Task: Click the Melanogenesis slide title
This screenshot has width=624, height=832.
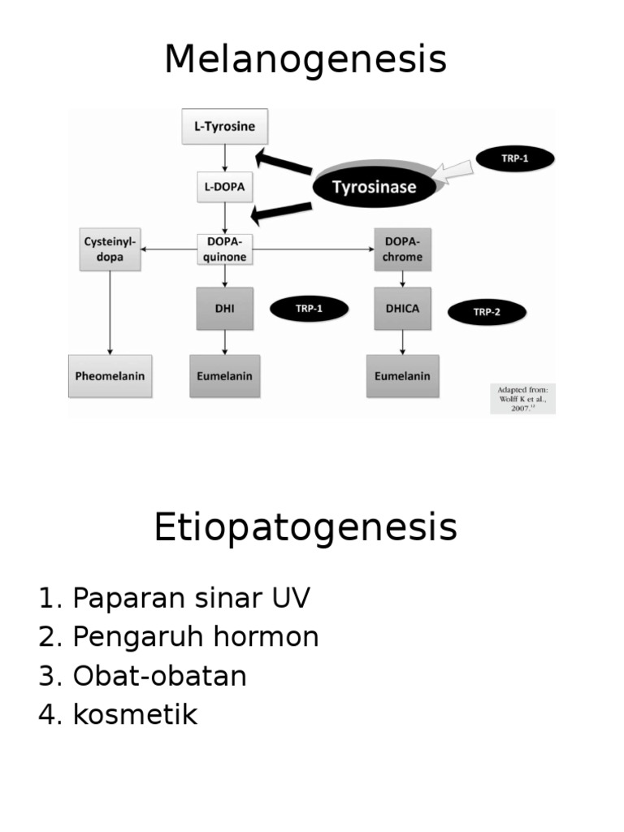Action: (305, 59)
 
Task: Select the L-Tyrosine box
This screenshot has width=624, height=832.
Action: (224, 127)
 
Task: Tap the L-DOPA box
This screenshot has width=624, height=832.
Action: (224, 186)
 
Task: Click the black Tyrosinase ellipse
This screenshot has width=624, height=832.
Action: (375, 187)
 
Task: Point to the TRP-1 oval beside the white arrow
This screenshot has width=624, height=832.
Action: (514, 158)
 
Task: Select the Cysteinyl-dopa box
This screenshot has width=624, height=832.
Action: (110, 249)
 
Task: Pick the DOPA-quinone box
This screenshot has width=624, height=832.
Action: (224, 249)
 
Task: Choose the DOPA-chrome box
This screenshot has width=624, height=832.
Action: (403, 249)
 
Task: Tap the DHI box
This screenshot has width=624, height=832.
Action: (224, 308)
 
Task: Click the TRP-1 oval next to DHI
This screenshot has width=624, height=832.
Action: (309, 308)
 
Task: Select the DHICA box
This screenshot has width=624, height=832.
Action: (403, 308)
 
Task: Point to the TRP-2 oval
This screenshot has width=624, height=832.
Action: (487, 311)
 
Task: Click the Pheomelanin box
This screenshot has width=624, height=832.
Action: (110, 376)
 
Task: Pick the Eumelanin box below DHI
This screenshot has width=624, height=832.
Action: (224, 376)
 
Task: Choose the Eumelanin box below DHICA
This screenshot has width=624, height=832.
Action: (402, 376)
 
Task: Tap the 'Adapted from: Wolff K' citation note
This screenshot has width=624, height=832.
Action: (522, 398)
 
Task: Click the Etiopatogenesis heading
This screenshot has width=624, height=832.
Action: (305, 528)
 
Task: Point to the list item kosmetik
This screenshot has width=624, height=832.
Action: (135, 715)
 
